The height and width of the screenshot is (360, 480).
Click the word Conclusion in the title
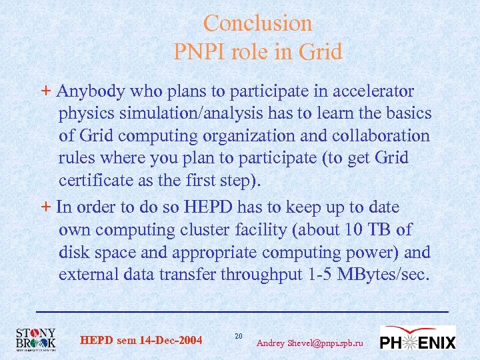click(257, 23)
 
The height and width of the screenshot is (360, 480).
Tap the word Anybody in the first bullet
click(89, 91)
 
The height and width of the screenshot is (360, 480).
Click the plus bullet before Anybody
click(45, 91)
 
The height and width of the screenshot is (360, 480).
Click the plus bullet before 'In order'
click(45, 207)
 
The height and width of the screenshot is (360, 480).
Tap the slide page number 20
click(239, 335)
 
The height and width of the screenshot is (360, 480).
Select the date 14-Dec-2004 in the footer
click(171, 341)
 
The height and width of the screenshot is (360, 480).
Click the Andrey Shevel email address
click(310, 343)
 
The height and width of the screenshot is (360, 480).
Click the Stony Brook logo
click(35, 339)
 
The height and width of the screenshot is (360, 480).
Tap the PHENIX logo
click(417, 339)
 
